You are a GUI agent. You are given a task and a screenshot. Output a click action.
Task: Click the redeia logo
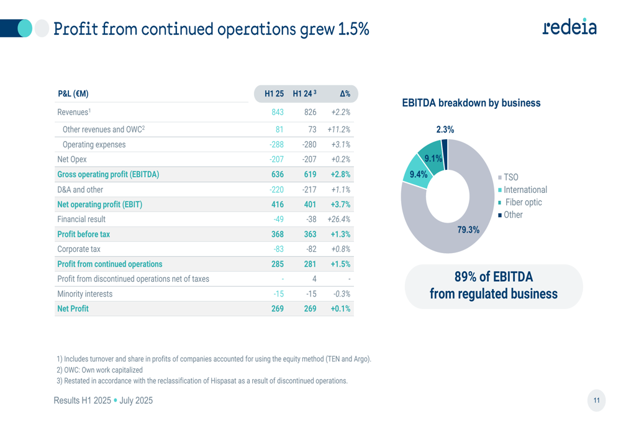click(x=569, y=27)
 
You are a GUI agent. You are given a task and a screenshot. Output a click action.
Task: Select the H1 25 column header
click(x=274, y=94)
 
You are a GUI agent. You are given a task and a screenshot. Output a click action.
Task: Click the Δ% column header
click(x=345, y=94)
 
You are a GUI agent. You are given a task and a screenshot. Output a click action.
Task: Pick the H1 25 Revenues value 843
click(x=277, y=113)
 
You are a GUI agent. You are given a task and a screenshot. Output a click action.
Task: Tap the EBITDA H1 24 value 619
click(x=310, y=174)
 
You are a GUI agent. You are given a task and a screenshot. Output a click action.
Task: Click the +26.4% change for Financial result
click(x=338, y=219)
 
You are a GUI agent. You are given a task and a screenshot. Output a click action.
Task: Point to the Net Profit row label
click(x=73, y=308)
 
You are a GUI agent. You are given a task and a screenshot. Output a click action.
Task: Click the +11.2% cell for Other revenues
click(x=338, y=129)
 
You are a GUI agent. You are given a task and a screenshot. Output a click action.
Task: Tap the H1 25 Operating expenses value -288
click(x=276, y=144)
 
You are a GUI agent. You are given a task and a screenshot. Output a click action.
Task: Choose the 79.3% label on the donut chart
click(x=468, y=229)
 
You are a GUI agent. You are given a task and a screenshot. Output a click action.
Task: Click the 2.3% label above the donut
click(x=445, y=130)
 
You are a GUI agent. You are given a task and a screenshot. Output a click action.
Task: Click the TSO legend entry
click(x=510, y=178)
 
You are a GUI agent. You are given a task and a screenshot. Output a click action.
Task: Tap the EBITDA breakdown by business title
click(x=471, y=103)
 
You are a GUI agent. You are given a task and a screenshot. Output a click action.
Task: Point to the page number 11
click(x=596, y=401)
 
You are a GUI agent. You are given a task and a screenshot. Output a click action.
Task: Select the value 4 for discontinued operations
click(x=314, y=279)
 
